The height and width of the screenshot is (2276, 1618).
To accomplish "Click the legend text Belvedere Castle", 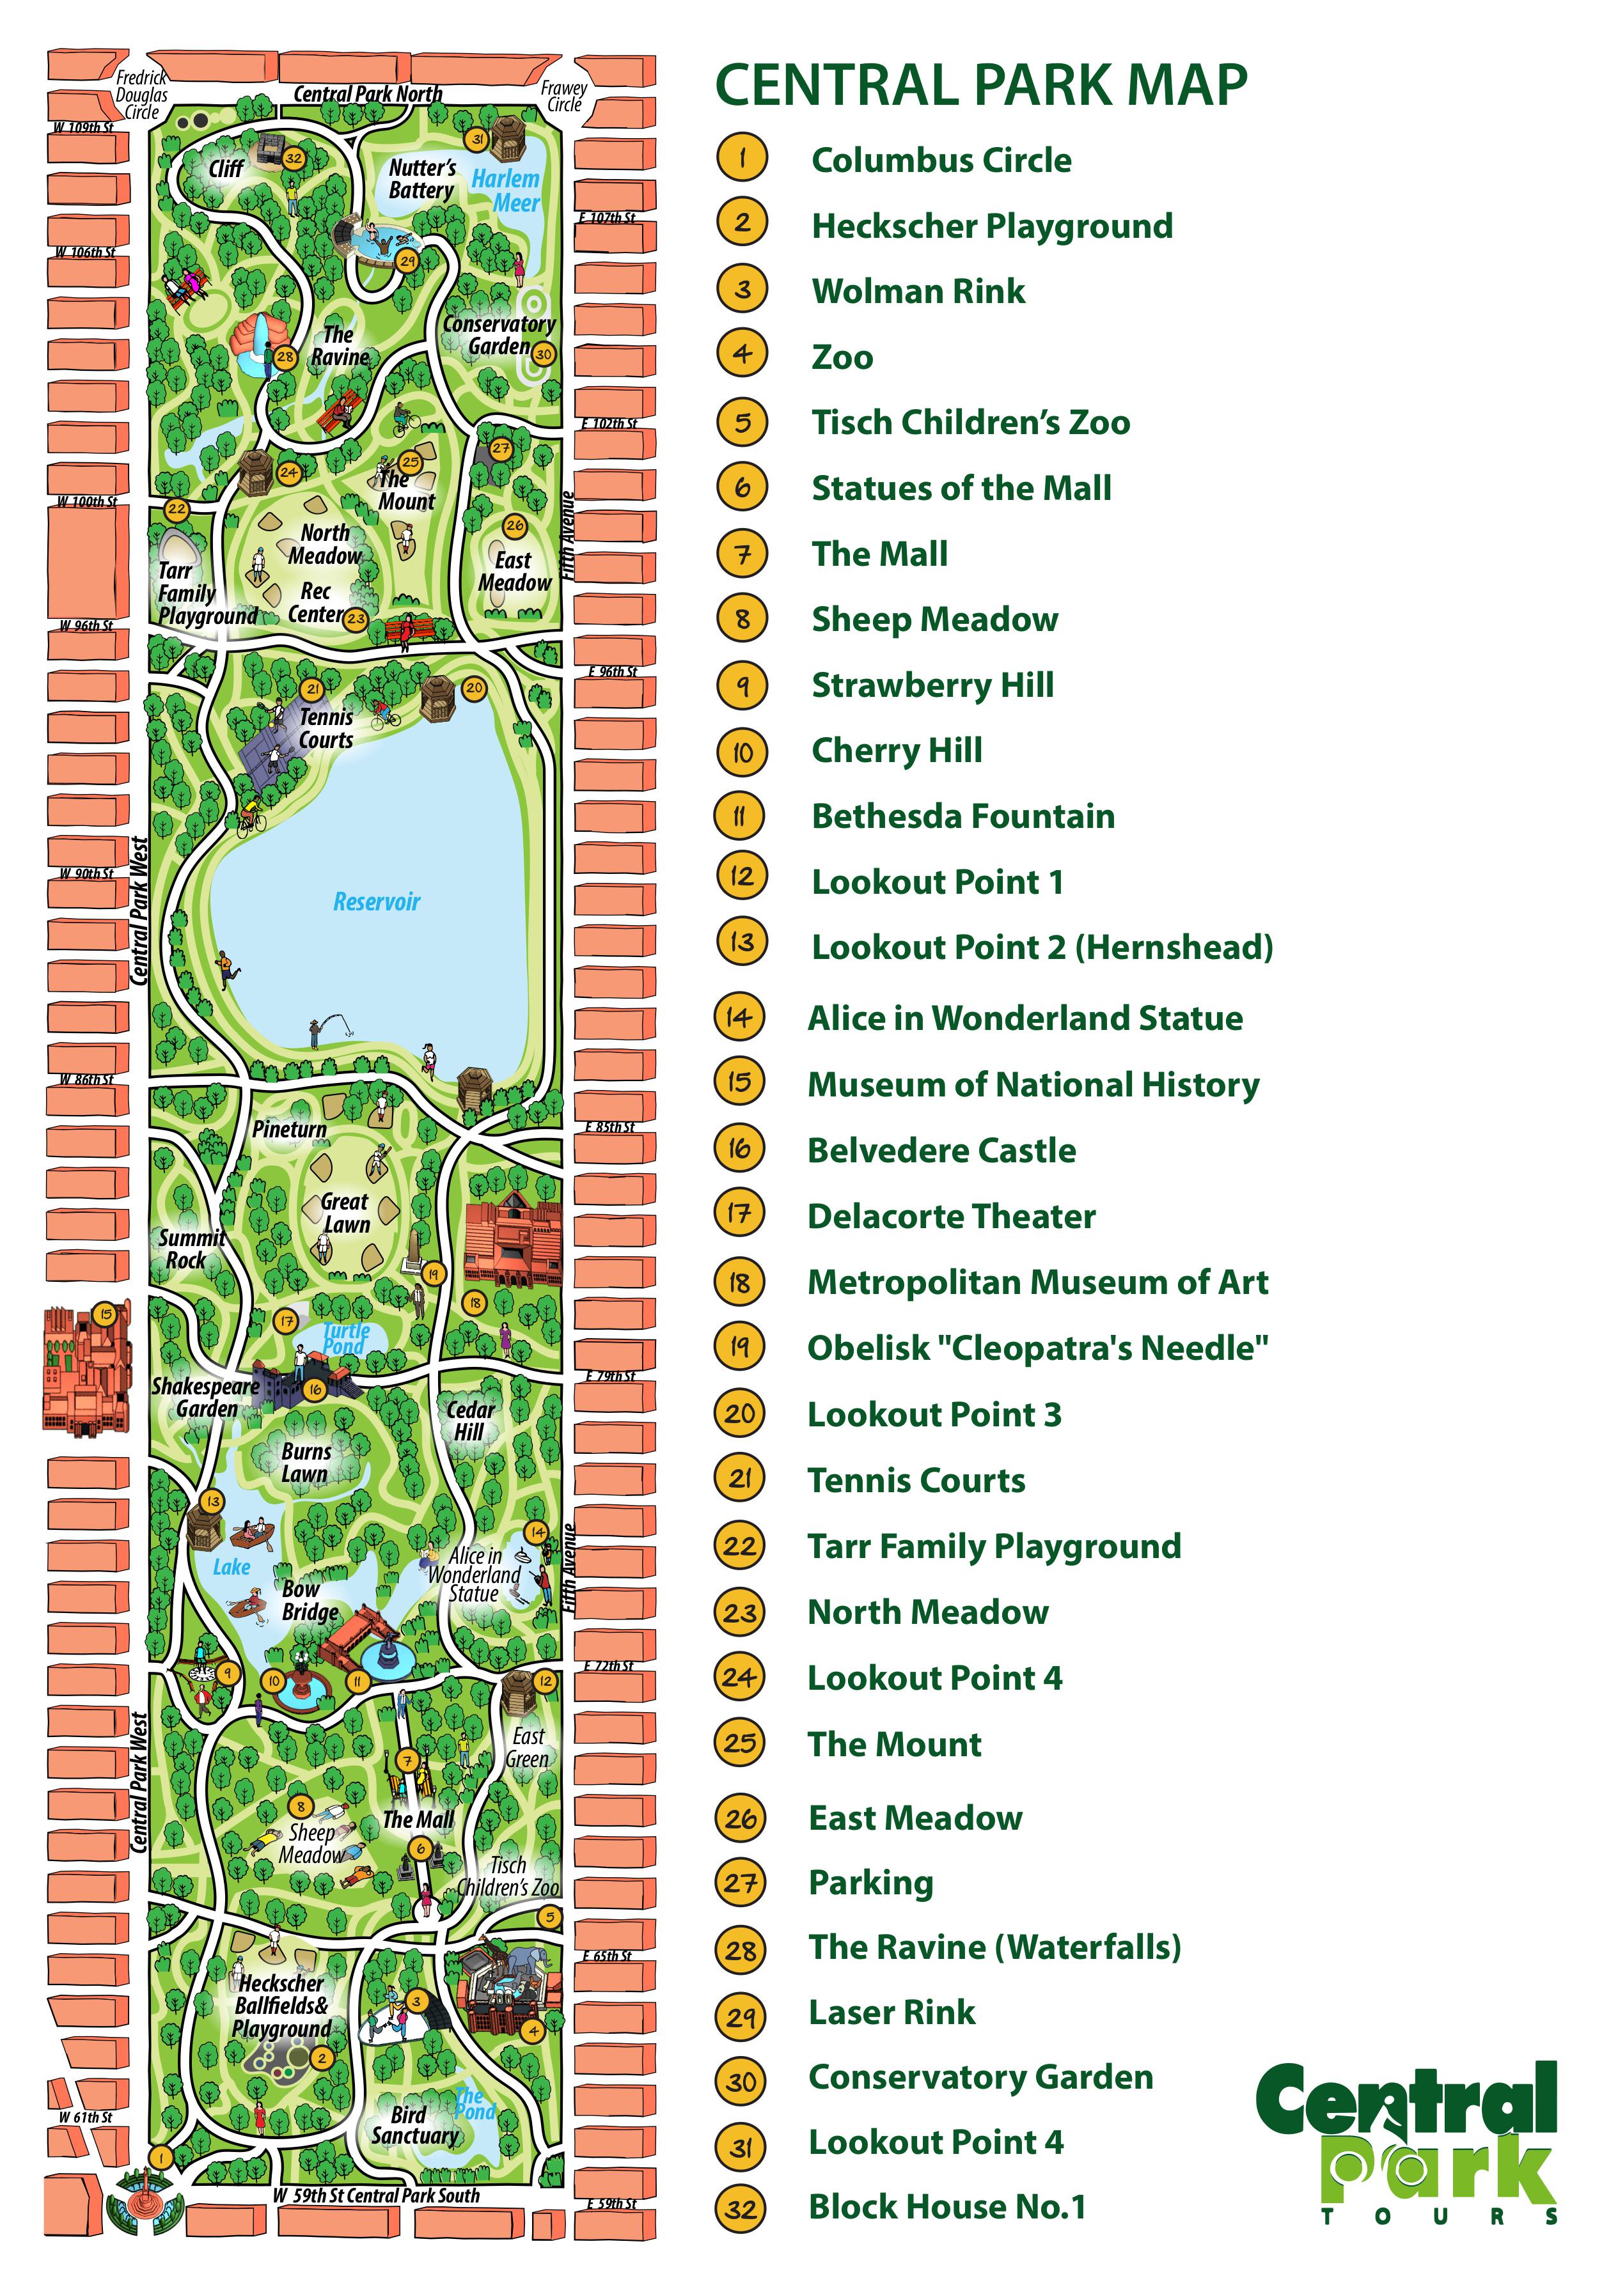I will click(941, 1150).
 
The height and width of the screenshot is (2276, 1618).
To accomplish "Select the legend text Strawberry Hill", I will click(932, 685).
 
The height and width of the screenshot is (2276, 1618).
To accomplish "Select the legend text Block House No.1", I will click(946, 2206).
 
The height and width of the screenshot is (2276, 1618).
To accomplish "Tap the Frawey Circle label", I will click(564, 96).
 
